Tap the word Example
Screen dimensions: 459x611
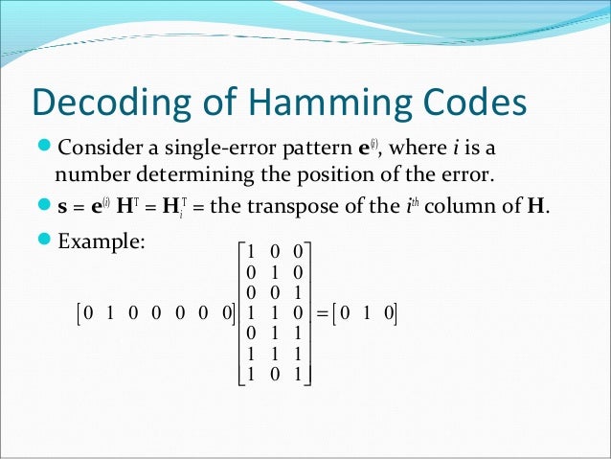point(101,240)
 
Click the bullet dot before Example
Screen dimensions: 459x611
point(45,240)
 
